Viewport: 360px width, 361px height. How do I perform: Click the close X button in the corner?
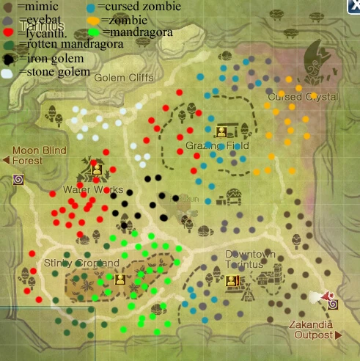[x=353, y=7]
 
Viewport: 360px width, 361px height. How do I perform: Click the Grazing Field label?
[x=217, y=145]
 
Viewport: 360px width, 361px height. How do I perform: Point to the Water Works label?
[x=93, y=189]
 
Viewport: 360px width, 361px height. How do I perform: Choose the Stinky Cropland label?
[x=81, y=263]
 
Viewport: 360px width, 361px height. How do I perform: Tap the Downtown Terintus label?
[x=250, y=259]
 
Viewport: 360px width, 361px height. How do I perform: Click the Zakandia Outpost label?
[x=314, y=329]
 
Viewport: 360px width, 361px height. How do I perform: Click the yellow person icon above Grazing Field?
[x=221, y=132]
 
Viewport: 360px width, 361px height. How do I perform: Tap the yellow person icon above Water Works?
[x=96, y=169]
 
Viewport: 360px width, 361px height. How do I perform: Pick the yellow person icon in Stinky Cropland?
[x=120, y=279]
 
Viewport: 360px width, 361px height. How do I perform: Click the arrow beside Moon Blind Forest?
[x=6, y=160]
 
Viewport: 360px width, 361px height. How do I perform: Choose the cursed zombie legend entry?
[x=125, y=7]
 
